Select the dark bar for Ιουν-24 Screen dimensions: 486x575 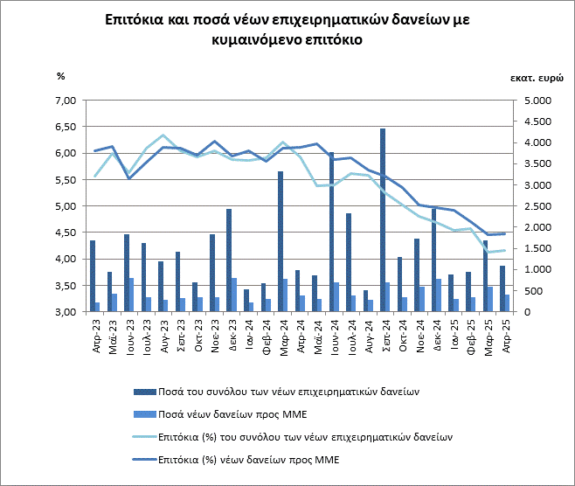(331, 233)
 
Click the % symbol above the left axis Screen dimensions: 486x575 (61, 77)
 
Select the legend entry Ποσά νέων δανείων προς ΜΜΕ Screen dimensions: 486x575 (227, 413)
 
